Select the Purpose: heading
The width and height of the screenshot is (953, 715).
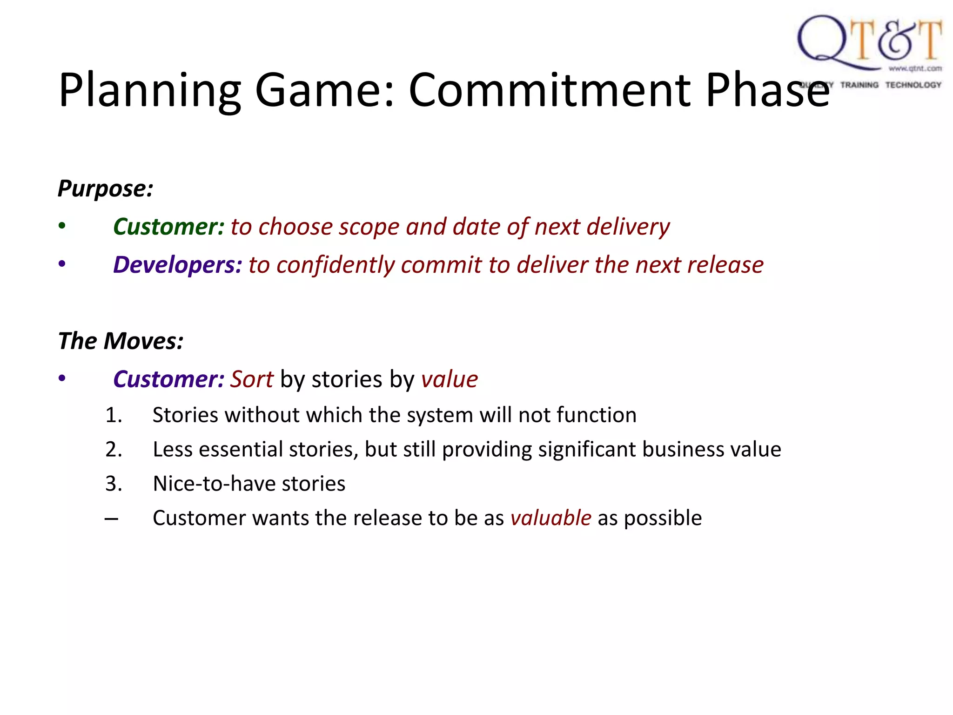pos(105,189)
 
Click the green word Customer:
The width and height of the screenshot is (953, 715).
pos(169,227)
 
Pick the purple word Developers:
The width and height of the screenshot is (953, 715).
pos(178,265)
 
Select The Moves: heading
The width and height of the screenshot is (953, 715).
pos(121,341)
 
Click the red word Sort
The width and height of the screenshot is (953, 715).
pos(252,379)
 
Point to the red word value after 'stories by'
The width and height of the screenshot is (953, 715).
pos(450,379)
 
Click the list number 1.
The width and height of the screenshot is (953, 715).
pos(113,415)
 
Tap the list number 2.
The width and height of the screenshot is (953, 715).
pos(113,450)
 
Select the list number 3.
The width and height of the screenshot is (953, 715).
pos(113,484)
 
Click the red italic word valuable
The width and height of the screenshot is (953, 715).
pos(550,519)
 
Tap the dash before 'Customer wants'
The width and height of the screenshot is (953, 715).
pos(111,519)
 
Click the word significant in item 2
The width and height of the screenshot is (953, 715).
pos(587,450)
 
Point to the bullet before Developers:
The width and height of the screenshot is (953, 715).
pos(62,264)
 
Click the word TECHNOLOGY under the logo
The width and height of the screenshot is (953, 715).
pos(913,85)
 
